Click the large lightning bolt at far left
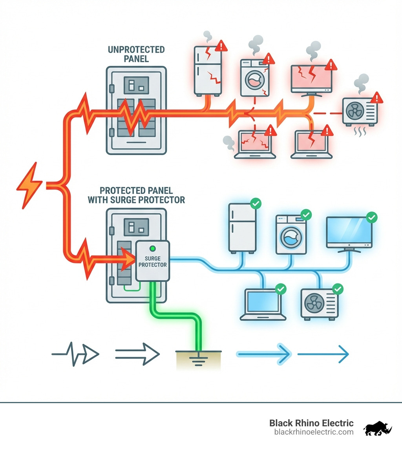[29, 184]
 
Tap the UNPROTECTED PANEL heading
[136, 54]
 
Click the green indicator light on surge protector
[152, 248]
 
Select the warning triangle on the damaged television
[331, 65]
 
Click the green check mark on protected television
[371, 217]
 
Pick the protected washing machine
[291, 234]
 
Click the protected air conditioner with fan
[319, 303]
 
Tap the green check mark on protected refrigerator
[256, 204]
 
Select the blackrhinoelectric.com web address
[314, 432]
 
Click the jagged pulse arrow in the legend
[75, 354]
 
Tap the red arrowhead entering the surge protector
[127, 259]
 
